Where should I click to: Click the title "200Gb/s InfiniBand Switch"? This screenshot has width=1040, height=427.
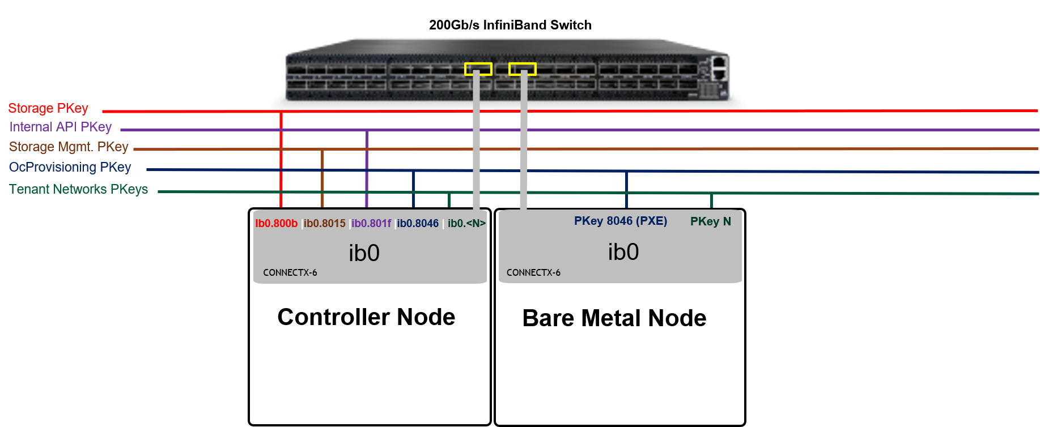pyautogui.click(x=510, y=25)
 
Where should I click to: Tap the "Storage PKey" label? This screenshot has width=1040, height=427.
pyautogui.click(x=48, y=108)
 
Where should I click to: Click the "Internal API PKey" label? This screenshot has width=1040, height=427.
pyautogui.click(x=61, y=127)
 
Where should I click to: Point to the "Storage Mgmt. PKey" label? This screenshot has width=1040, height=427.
pyautogui.click(x=69, y=147)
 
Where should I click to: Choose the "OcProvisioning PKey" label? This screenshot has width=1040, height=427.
pyautogui.click(x=70, y=167)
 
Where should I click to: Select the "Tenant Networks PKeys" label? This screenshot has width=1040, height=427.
pyautogui.click(x=78, y=189)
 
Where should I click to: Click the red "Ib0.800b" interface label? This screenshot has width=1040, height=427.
pyautogui.click(x=276, y=223)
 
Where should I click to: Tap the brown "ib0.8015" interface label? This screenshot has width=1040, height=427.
pyautogui.click(x=324, y=223)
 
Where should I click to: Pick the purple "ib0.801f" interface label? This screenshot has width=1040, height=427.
pyautogui.click(x=371, y=223)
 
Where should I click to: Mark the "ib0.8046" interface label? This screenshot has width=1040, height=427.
pyautogui.click(x=418, y=223)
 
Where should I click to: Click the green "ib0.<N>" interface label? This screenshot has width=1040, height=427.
pyautogui.click(x=466, y=223)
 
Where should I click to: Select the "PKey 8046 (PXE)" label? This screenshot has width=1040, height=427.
pyautogui.click(x=621, y=221)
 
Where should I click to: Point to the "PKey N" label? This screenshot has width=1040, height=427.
pyautogui.click(x=711, y=221)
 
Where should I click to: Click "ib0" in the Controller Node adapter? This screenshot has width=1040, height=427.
pyautogui.click(x=364, y=253)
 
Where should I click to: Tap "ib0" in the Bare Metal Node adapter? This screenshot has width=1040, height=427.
pyautogui.click(x=623, y=252)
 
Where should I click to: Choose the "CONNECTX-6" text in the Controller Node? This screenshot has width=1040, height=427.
pyautogui.click(x=290, y=272)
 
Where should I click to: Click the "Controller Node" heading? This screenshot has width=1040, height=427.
pyautogui.click(x=366, y=317)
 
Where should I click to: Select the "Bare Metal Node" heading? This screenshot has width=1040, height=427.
pyautogui.click(x=614, y=318)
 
